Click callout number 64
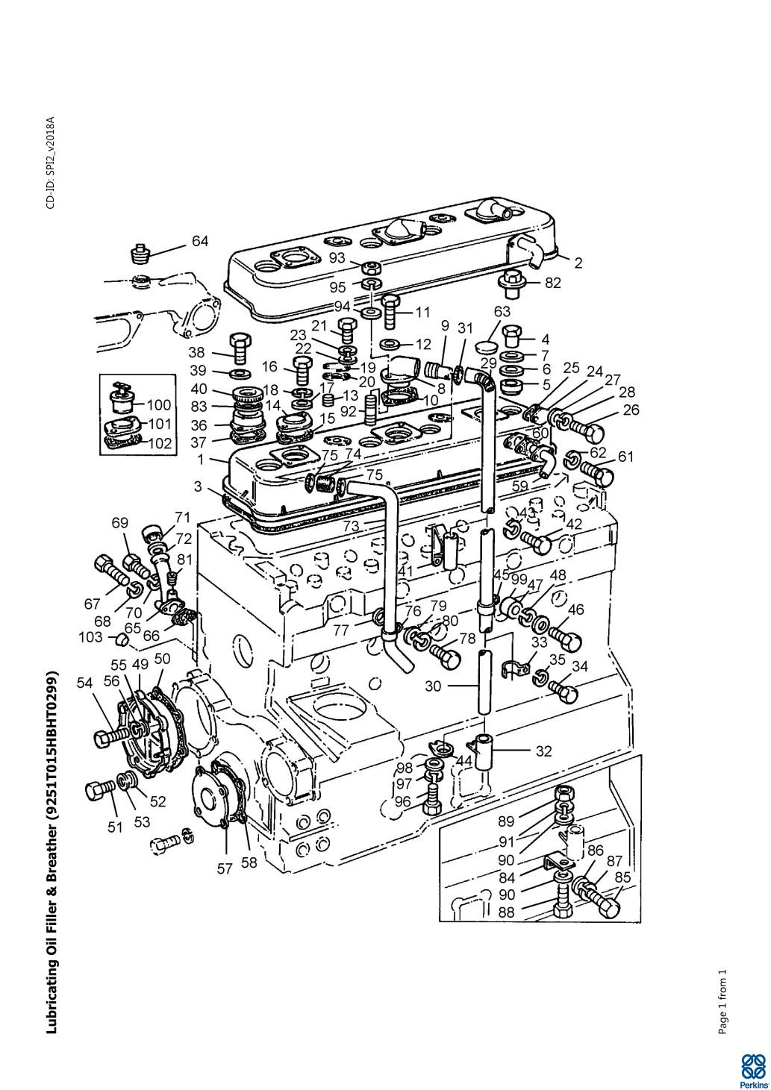click(200, 241)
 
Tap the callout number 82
click(552, 283)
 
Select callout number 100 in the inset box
click(159, 405)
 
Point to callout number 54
click(85, 682)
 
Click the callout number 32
click(543, 751)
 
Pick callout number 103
click(91, 638)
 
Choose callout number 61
click(625, 457)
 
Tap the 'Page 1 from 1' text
click(722, 1001)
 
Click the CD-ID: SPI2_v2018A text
click(51, 163)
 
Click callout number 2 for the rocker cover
click(578, 263)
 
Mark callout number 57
click(225, 868)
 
